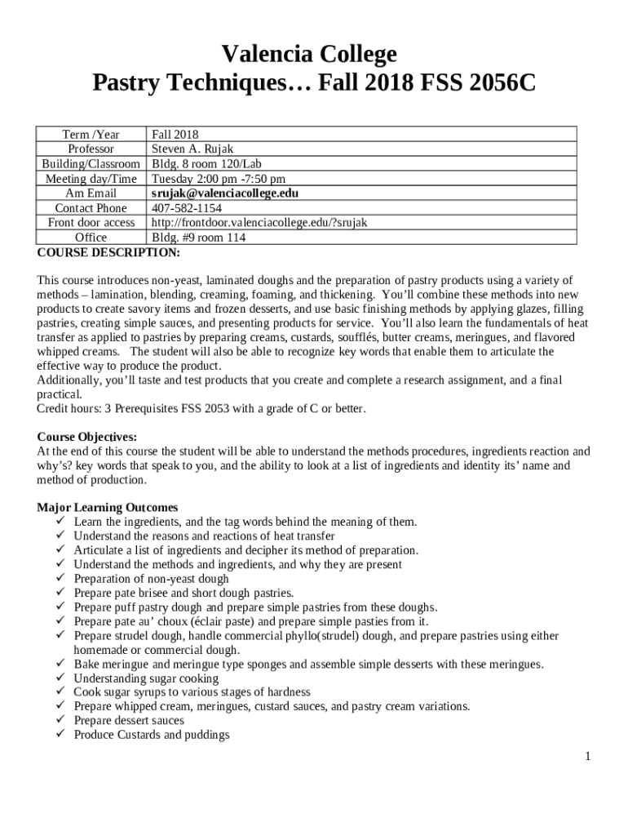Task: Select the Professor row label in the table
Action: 91,149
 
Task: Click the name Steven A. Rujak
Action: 192,149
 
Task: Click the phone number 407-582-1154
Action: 186,208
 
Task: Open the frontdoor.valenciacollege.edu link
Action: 259,223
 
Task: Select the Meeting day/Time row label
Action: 91,179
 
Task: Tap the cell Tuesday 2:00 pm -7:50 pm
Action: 219,179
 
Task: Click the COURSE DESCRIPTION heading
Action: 108,252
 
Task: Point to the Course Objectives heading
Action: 87,437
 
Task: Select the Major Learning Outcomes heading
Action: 108,508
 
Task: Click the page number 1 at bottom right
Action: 586,757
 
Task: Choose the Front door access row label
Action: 91,223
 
